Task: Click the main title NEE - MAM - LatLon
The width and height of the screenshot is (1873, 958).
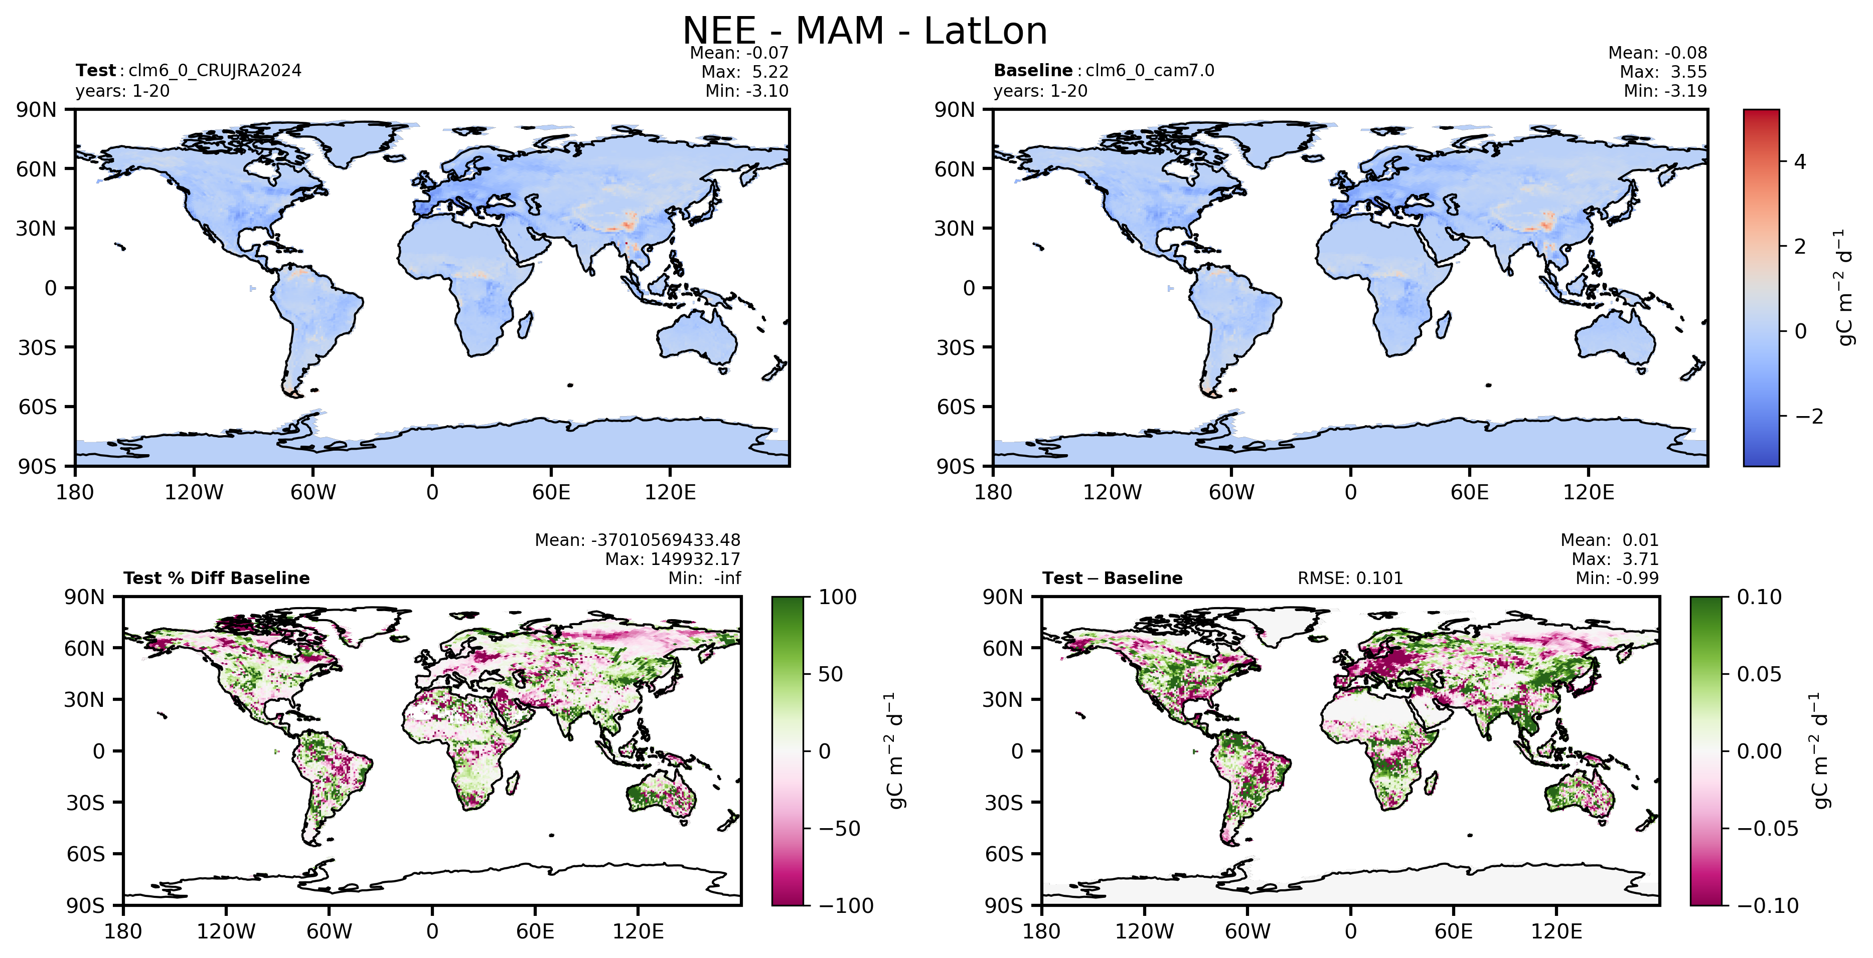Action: click(x=864, y=31)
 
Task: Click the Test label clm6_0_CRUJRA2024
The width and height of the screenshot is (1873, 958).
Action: click(x=215, y=71)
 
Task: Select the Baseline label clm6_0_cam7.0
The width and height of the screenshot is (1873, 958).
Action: click(x=1150, y=71)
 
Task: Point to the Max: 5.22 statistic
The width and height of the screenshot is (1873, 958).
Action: click(x=744, y=72)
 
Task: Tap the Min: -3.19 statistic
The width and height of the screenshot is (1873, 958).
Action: click(x=1665, y=91)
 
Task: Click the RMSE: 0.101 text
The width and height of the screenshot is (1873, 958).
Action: click(x=1350, y=578)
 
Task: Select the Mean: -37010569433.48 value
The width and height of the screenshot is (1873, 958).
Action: click(x=638, y=540)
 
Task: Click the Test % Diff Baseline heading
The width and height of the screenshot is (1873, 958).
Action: click(x=217, y=578)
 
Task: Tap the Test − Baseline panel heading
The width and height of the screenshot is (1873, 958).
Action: click(x=1113, y=578)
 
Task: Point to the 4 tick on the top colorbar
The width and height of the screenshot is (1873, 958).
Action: click(x=1800, y=161)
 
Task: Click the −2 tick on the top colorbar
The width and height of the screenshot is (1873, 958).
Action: click(x=1809, y=417)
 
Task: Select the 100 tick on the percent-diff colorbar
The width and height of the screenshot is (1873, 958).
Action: click(x=838, y=598)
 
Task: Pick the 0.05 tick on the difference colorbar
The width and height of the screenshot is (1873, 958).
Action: click(x=1759, y=675)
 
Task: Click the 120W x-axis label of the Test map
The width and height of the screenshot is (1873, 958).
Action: click(x=194, y=492)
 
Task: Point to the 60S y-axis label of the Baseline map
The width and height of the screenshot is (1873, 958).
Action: click(x=956, y=407)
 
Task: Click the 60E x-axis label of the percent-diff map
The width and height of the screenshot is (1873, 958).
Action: click(x=535, y=931)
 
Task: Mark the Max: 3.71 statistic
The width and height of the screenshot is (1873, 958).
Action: click(x=1615, y=559)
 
